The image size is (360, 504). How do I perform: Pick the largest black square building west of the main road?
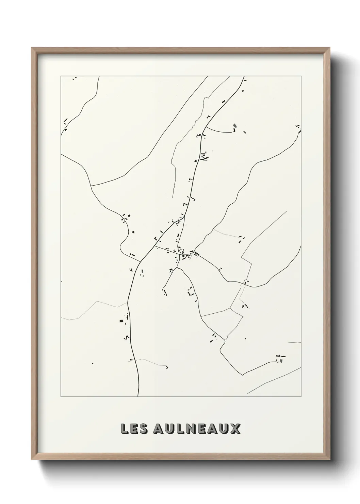121,320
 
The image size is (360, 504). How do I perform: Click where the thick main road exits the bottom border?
138,396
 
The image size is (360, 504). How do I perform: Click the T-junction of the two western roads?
92,186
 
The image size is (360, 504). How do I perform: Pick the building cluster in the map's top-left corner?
74,78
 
